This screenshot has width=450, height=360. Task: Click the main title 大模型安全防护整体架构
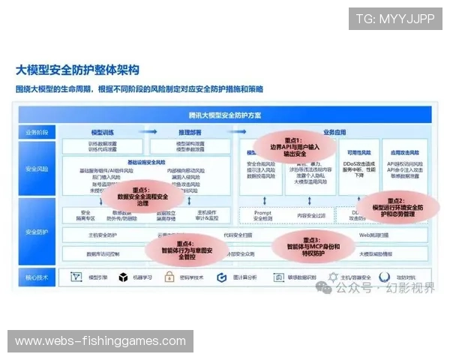click(78, 70)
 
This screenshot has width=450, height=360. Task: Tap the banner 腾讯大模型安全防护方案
click(225, 115)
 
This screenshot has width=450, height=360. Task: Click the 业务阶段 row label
click(37, 132)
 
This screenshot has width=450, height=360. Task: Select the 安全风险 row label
click(37, 169)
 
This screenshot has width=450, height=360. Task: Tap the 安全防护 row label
click(37, 231)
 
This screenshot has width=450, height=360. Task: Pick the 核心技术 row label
click(37, 277)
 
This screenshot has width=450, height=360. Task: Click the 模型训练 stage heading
click(102, 132)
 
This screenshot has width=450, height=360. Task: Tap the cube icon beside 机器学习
click(123, 277)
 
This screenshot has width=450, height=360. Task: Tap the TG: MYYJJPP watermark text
click(395, 18)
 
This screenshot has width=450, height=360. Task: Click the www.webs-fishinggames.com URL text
click(100, 341)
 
